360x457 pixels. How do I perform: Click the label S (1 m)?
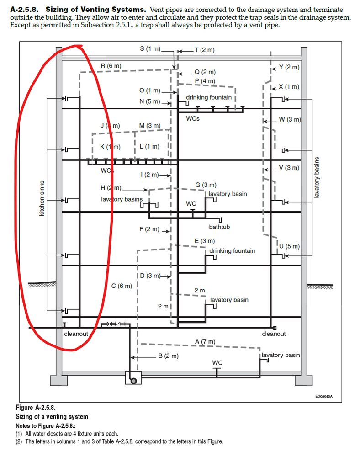pyautogui.click(x=150, y=49)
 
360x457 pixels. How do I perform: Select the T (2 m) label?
pyautogui.click(x=204, y=50)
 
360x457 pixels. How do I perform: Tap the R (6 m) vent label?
pyautogui.click(x=111, y=66)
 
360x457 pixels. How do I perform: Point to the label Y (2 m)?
pyautogui.click(x=289, y=67)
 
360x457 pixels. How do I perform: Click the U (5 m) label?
pyautogui.click(x=289, y=246)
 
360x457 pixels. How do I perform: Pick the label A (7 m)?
pyautogui.click(x=205, y=342)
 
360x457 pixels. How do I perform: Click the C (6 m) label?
pyautogui.click(x=122, y=286)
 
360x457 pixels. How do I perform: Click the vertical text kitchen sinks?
pyautogui.click(x=42, y=198)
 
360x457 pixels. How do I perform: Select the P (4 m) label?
pyautogui.click(x=205, y=81)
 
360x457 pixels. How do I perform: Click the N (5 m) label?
pyautogui.click(x=150, y=101)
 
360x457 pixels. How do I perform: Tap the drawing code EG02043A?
pyautogui.click(x=323, y=397)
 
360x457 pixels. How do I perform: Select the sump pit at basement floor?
pyautogui.click(x=133, y=378)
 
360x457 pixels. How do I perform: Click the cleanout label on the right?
pyautogui.click(x=274, y=334)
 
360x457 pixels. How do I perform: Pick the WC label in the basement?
pyautogui.click(x=217, y=363)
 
